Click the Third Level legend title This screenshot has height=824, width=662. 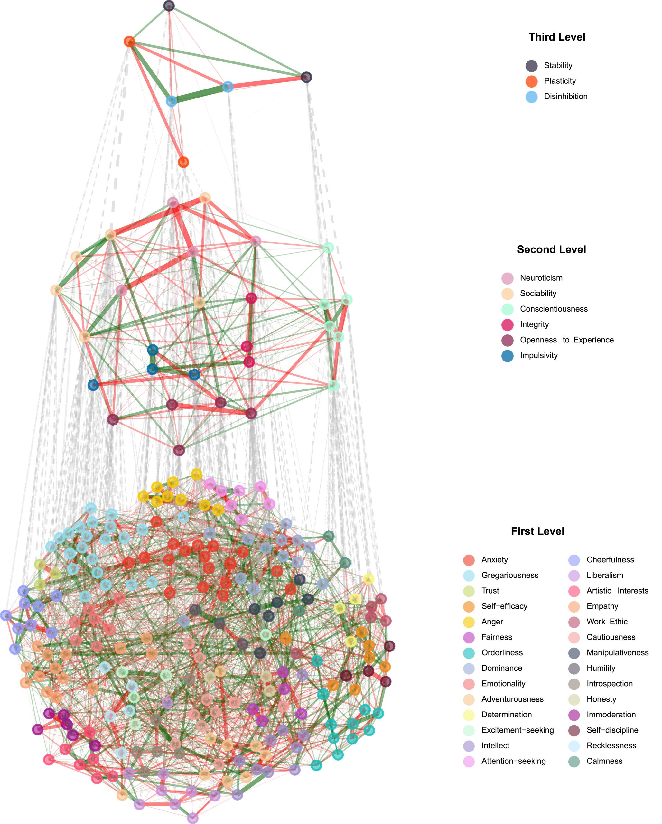tap(556, 37)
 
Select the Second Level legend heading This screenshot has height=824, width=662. tap(551, 249)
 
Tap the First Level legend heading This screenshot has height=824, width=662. tap(537, 531)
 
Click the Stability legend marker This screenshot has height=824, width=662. tap(531, 66)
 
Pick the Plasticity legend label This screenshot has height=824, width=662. tap(560, 81)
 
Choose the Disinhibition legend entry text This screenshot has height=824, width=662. tap(565, 96)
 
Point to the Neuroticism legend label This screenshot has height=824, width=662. tap(541, 278)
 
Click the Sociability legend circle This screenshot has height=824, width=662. tap(507, 294)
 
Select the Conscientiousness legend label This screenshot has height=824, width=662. tap(554, 309)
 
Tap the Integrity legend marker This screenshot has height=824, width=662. tap(507, 324)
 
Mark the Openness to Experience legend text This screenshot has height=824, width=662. tap(566, 340)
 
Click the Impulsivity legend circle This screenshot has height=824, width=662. tap(507, 355)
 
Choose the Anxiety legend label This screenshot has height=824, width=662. tap(494, 559)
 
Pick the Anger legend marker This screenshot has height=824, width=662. tap(469, 622)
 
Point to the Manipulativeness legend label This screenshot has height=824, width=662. tap(617, 653)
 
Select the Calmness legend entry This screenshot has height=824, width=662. tap(604, 761)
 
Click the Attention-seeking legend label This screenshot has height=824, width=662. tap(513, 761)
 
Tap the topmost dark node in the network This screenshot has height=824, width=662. tap(169, 6)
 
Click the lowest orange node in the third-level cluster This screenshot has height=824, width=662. tap(183, 162)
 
